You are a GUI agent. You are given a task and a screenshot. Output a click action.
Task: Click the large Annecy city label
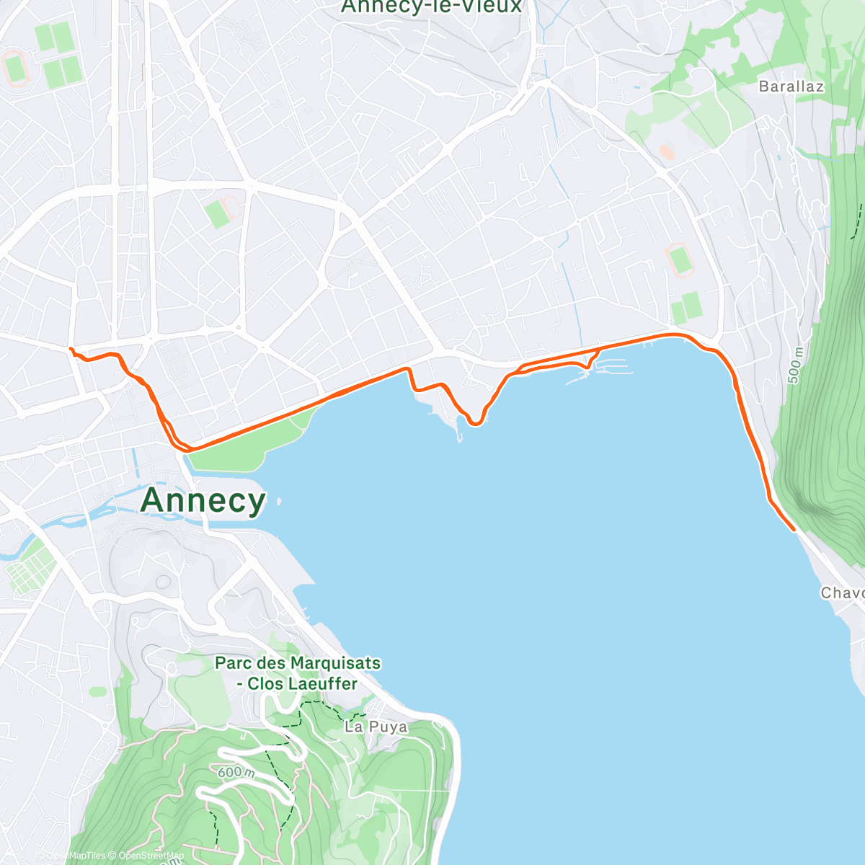coord(203,500)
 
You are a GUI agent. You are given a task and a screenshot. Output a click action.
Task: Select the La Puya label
coord(376,727)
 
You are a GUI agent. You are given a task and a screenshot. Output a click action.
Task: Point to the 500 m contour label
coord(795,365)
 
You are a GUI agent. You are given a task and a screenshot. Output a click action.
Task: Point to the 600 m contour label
coord(236,772)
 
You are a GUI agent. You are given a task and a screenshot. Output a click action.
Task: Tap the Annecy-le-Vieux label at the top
coord(430,6)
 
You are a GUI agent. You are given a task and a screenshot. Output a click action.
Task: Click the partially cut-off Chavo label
coord(842,593)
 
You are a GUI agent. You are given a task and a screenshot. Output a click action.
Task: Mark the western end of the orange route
coord(70,350)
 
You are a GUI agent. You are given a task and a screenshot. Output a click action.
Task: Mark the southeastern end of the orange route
coord(794,530)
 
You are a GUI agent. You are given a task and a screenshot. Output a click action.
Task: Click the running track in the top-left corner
coord(14,68)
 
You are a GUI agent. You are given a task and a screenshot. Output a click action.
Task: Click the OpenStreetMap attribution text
coord(151,856)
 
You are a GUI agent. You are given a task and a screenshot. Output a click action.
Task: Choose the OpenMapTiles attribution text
coord(76,856)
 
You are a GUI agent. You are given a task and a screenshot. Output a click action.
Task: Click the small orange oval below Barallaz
coord(667,152)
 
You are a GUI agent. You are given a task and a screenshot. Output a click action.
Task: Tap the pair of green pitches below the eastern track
coord(686,308)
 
